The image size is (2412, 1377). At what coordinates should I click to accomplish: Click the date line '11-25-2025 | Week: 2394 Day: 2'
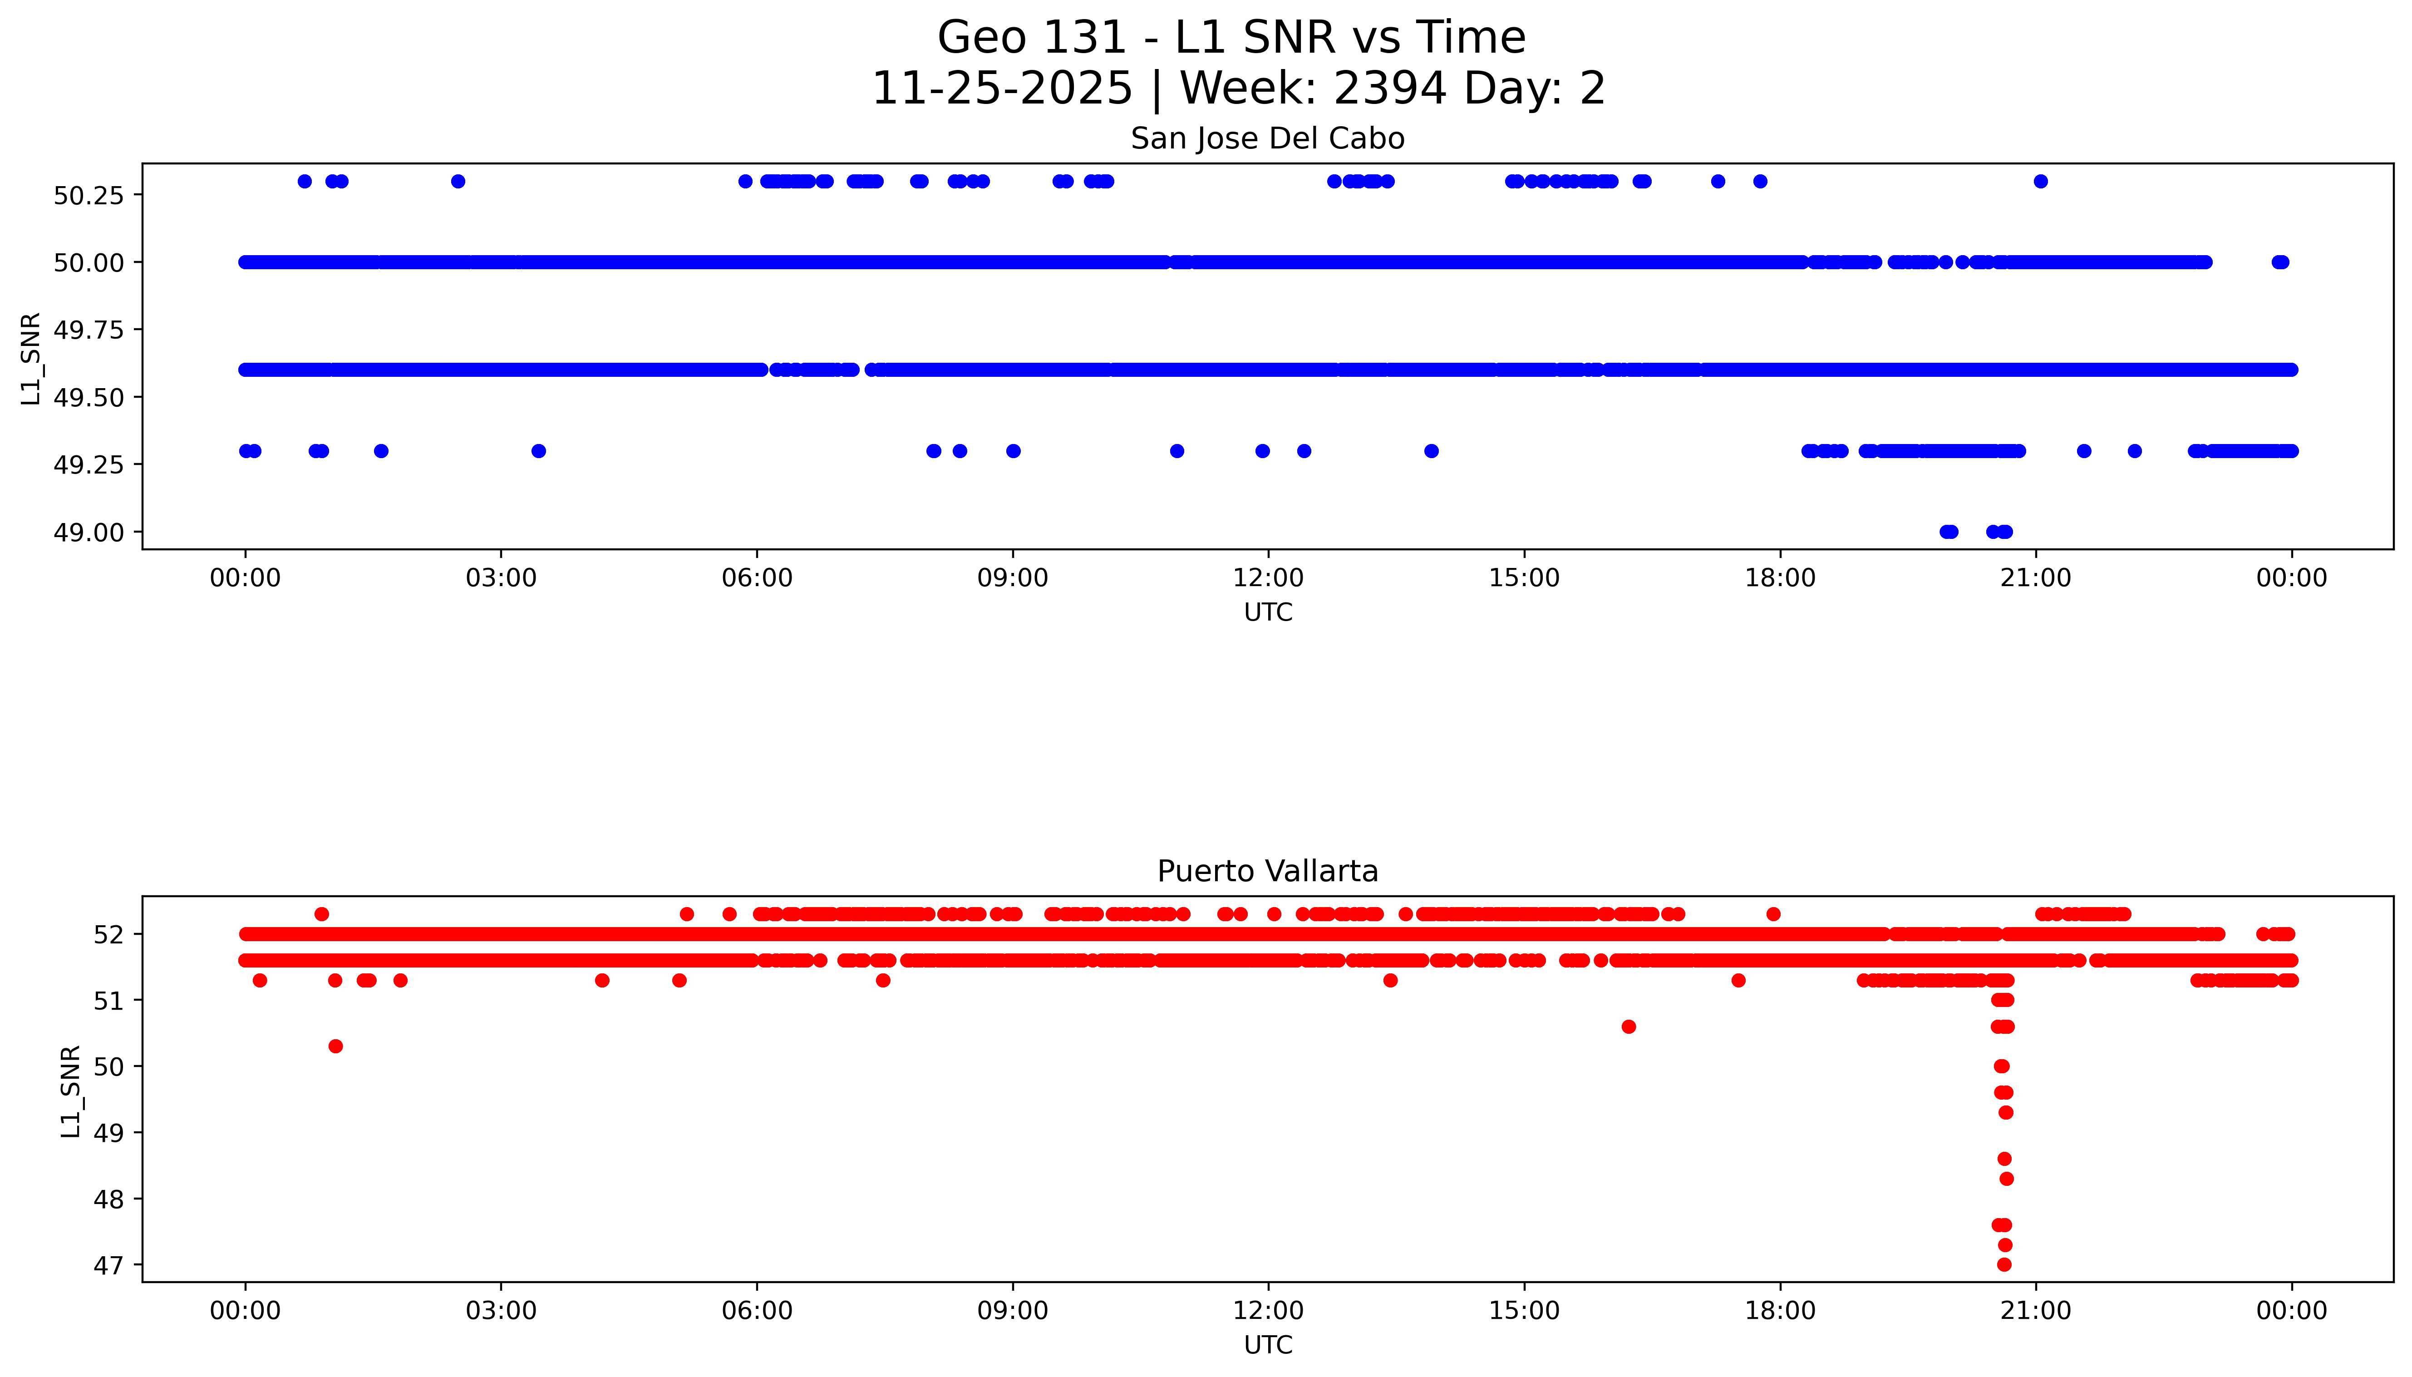pyautogui.click(x=1238, y=89)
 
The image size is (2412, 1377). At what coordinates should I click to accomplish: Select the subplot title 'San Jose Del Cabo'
pyautogui.click(x=1267, y=139)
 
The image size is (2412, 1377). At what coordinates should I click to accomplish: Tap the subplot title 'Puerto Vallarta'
pyautogui.click(x=1267, y=871)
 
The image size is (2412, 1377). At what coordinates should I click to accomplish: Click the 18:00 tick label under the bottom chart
pyautogui.click(x=1779, y=1311)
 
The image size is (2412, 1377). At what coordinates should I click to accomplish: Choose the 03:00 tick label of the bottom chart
pyautogui.click(x=501, y=1311)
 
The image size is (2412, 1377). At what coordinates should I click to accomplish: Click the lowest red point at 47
pyautogui.click(x=2003, y=1264)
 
